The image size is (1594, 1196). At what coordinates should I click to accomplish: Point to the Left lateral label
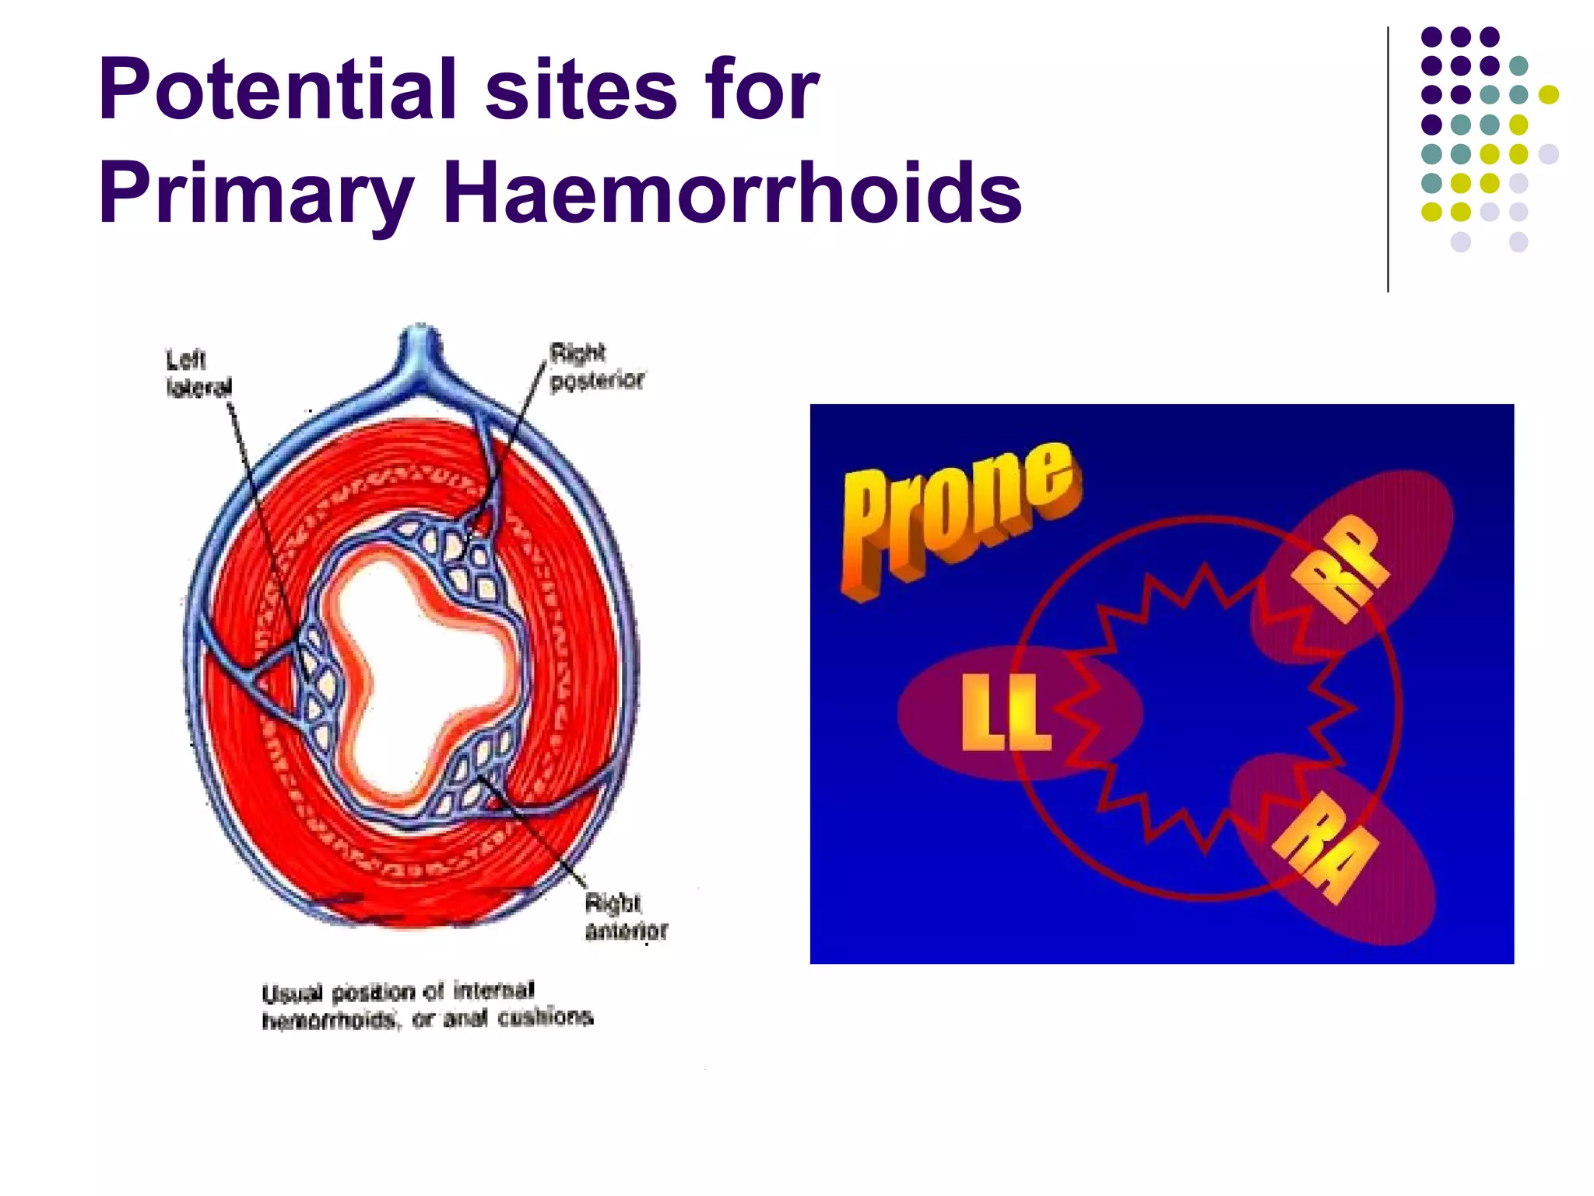198,373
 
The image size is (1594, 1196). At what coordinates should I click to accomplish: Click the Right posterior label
596,367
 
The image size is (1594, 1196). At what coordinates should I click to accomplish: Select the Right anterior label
625,916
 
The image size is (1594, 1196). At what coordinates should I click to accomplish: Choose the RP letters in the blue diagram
1340,568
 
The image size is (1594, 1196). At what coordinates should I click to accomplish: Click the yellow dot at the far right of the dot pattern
1548,94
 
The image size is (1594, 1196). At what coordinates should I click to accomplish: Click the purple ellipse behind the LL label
934,712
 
